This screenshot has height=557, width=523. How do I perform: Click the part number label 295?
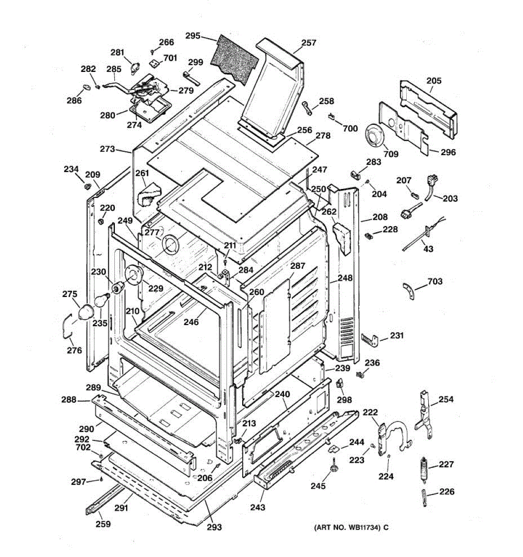coord(192,35)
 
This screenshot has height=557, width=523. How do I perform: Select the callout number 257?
coord(309,43)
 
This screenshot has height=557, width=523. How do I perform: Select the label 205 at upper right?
coord(434,80)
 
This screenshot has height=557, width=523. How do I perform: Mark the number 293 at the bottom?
coord(214,527)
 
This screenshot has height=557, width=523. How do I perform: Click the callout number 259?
coord(103,524)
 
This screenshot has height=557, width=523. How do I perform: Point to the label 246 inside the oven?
coord(191,321)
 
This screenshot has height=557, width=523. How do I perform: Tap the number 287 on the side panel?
coord(298,266)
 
